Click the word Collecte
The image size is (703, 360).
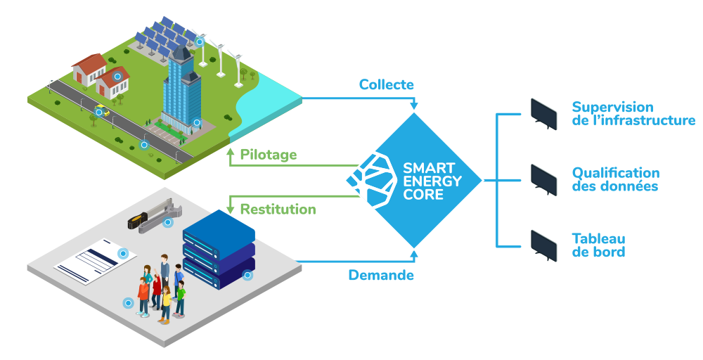click(386, 85)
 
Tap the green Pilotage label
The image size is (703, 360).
click(269, 155)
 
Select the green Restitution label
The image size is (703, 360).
click(278, 210)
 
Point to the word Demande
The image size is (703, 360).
click(381, 276)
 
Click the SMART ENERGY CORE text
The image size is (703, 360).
click(432, 181)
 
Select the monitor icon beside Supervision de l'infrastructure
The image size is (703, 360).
click(543, 113)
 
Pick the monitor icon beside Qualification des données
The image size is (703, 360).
click(543, 180)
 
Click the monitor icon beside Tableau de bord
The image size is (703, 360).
click(543, 245)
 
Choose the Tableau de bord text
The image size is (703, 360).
click(598, 245)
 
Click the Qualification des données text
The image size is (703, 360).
click(615, 180)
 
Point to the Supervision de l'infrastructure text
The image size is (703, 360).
click(633, 114)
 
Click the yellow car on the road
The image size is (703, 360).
click(102, 109)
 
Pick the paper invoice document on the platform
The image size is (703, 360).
click(96, 259)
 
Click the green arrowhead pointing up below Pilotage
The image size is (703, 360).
click(230, 151)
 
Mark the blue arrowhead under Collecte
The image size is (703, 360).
click(414, 106)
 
